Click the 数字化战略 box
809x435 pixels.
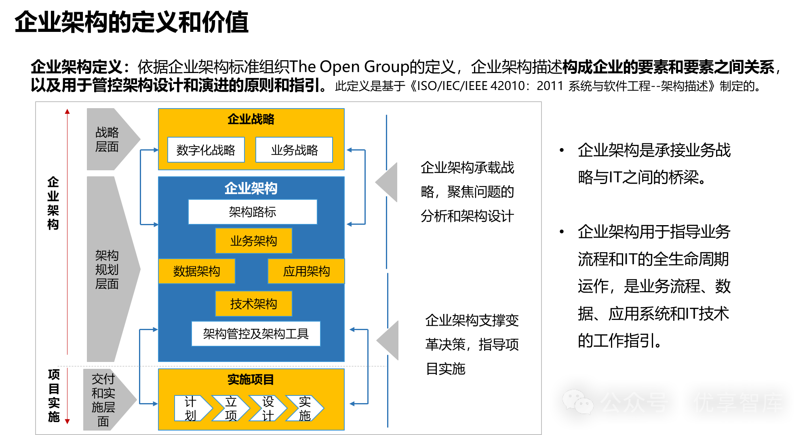point(206,150)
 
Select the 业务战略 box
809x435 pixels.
point(294,150)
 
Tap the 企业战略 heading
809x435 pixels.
point(251,119)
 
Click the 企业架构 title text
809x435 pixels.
point(251,188)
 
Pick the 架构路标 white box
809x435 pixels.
point(253,212)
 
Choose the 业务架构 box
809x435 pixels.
point(253,241)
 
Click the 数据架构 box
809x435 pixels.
point(197,271)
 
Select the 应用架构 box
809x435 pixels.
point(306,271)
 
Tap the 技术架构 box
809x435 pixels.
point(253,304)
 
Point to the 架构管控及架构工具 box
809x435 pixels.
point(256,334)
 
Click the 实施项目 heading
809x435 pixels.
point(251,379)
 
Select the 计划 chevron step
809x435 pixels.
point(191,408)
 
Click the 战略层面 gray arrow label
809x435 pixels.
point(107,140)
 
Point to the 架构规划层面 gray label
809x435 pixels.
point(107,270)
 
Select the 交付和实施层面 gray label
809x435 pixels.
point(104,400)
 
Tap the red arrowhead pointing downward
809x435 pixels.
point(67,421)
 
